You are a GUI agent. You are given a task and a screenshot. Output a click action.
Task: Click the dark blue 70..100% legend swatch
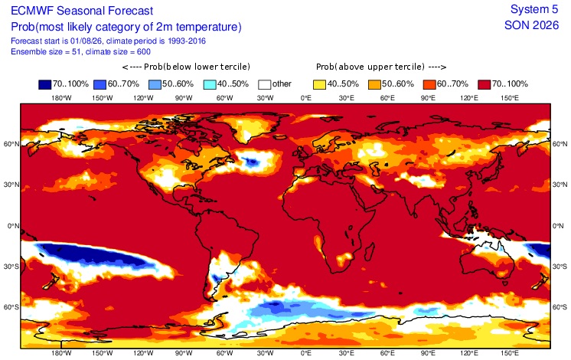tap(45, 84)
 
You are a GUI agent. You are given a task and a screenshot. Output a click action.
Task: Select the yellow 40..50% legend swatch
tap(319, 84)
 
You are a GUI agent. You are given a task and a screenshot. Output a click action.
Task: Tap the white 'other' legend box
tap(264, 84)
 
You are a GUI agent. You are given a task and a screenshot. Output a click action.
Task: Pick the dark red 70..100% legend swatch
tap(484, 84)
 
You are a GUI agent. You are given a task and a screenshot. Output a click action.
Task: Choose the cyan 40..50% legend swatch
tap(210, 84)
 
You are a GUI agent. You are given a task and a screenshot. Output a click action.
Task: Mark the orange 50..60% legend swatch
tap(374, 84)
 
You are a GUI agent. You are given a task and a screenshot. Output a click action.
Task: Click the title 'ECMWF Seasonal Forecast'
tap(82, 11)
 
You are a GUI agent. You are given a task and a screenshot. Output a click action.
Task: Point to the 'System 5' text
tap(534, 9)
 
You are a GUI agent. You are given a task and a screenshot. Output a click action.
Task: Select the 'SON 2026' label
tap(531, 25)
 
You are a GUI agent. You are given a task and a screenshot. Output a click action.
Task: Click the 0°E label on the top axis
tap(306, 97)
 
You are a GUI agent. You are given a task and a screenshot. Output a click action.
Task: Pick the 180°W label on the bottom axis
tap(61, 352)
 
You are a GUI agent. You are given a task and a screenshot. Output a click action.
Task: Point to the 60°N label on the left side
tap(11, 144)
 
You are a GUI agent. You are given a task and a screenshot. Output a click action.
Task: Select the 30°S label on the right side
tap(560, 267)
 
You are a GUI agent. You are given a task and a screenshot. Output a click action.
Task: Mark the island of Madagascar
tap(368, 251)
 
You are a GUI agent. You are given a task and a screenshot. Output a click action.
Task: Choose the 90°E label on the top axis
tap(429, 97)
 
